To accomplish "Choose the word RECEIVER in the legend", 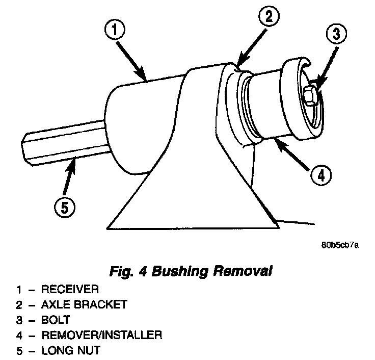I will point(69,290).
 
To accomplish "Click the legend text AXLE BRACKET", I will point(84,305).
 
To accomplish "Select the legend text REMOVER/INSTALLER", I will point(101,335).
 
